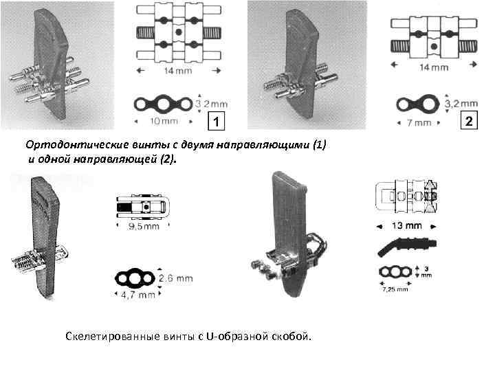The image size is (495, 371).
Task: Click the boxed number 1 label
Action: [217, 122]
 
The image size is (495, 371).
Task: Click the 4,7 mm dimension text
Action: [136, 295]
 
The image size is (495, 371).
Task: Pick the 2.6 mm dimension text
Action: [176, 279]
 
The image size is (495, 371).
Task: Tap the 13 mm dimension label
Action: [407, 225]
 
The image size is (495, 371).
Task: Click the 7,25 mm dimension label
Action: [395, 289]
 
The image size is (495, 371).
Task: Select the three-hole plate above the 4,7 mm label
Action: [135, 278]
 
